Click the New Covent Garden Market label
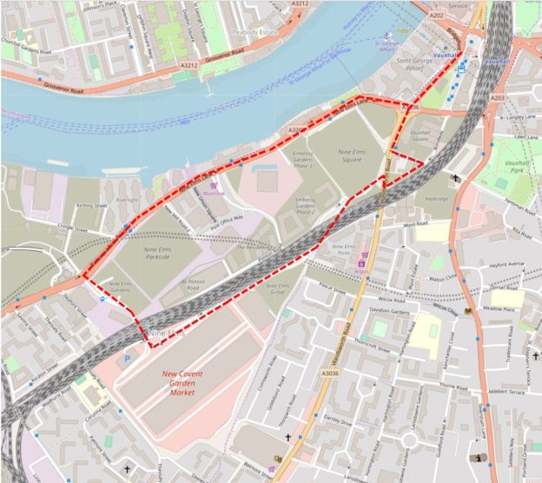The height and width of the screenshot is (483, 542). [189, 383]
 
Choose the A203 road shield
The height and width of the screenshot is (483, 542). [497, 98]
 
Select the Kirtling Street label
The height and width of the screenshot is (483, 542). [91, 206]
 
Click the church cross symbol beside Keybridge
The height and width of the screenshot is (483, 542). [457, 178]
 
